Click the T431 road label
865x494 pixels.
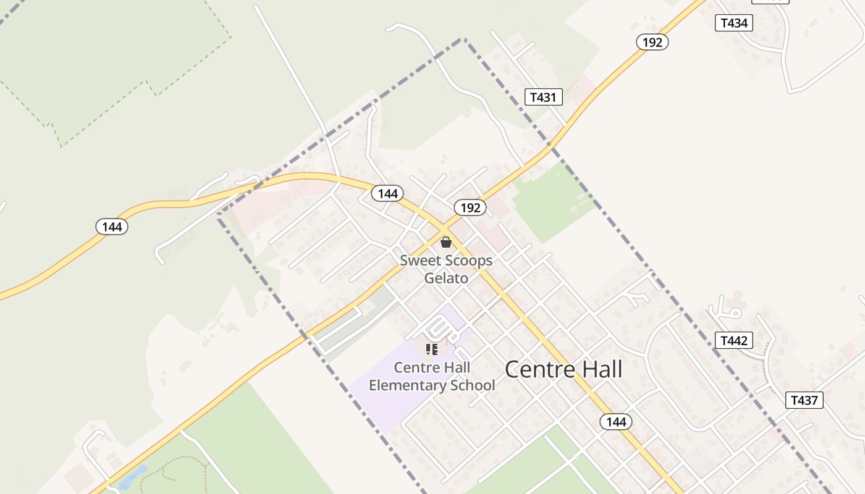[544, 97]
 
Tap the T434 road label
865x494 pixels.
[734, 23]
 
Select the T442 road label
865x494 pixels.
[734, 340]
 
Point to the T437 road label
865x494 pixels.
[804, 400]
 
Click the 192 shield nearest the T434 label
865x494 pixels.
[652, 42]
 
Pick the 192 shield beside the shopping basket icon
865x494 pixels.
[470, 207]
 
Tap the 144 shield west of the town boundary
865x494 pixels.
[112, 227]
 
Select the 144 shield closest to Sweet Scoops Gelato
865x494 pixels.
[387, 193]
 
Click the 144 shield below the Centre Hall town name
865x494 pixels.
[616, 422]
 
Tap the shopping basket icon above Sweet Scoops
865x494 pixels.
[445, 242]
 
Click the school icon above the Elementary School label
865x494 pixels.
[432, 350]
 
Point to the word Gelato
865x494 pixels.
[446, 278]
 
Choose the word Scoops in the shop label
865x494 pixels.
[470, 260]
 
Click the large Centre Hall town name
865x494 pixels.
[563, 369]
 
